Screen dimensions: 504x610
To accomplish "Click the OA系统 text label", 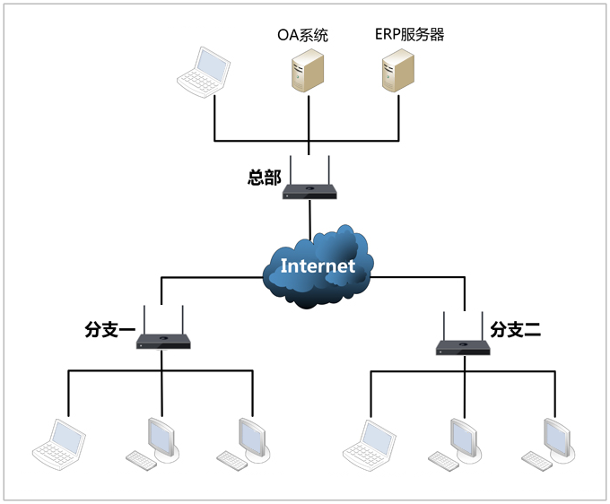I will tap(302, 36).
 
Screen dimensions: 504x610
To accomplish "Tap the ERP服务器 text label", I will tap(409, 35).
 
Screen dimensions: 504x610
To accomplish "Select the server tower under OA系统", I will tap(308, 72).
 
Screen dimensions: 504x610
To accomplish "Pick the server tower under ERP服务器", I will tap(398, 72).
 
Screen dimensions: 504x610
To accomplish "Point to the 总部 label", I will tap(265, 177).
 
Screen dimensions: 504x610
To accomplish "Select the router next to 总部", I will tap(309, 189).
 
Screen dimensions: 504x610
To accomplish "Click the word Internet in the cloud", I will tap(318, 265).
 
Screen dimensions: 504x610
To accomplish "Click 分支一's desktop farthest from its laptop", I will tap(248, 439).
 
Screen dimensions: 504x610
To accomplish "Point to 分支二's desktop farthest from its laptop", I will tap(553, 439).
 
